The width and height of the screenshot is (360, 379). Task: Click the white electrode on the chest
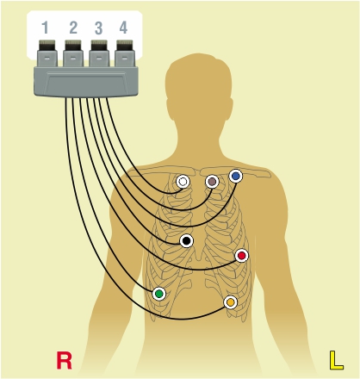[x=183, y=182]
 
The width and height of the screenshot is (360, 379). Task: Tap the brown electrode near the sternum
[x=212, y=182]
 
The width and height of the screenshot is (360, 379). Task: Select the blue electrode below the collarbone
[x=236, y=176]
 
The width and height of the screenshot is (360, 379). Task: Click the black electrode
[x=187, y=241]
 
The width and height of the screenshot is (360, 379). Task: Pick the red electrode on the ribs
[x=242, y=256]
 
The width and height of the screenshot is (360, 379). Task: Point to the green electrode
[x=159, y=294]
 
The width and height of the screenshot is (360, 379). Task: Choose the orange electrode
[x=231, y=302]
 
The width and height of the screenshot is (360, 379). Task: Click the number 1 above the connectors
[x=45, y=28]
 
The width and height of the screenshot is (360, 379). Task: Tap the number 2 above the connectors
[x=73, y=28]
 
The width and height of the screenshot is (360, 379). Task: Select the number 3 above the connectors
[x=98, y=28]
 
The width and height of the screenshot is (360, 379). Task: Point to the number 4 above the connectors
[x=123, y=28]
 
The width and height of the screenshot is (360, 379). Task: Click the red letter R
[x=64, y=360]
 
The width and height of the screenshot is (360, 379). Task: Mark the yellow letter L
[x=336, y=360]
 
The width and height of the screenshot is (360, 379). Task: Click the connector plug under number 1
[x=47, y=53]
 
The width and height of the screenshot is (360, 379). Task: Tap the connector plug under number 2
[x=73, y=53]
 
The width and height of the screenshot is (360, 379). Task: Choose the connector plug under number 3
[x=99, y=53]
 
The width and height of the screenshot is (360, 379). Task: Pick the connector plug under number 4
[x=125, y=53]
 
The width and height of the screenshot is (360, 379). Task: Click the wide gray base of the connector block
[x=86, y=82]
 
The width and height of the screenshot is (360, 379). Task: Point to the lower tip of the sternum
[x=199, y=260]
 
